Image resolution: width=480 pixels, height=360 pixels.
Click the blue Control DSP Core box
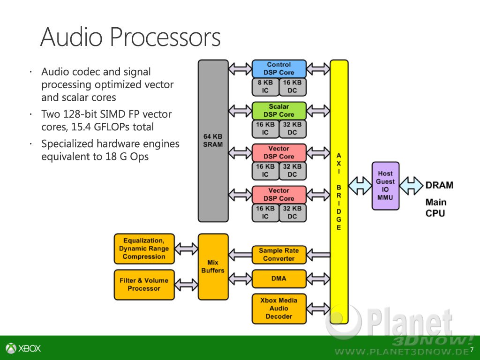[x=279, y=68]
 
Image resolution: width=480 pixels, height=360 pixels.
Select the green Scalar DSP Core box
[x=279, y=111]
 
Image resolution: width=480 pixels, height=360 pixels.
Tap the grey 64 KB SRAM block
[x=213, y=141]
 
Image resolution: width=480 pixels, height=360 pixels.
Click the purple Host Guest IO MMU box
[x=385, y=186]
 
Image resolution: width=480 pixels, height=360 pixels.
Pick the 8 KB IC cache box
[x=265, y=87]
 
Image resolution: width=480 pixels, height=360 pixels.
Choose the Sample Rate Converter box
[x=279, y=255]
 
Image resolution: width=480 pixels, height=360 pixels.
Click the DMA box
[x=279, y=278]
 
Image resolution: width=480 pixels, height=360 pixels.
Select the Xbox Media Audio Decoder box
[x=279, y=308]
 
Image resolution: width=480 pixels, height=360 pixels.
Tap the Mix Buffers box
[x=213, y=267]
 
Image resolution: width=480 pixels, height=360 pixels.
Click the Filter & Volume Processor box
[x=144, y=285]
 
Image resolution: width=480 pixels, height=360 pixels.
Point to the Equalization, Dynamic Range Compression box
[x=144, y=248]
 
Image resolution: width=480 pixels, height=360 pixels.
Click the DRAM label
[x=439, y=185]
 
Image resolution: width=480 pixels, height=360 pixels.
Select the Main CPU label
[x=436, y=208]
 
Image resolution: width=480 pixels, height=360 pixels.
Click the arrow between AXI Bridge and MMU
[x=360, y=186]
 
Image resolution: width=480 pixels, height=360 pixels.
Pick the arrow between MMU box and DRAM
[x=412, y=186]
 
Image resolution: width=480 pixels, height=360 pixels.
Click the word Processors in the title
[x=165, y=37]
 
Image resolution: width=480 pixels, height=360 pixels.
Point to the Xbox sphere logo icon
[x=11, y=348]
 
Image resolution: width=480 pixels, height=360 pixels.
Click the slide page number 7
[x=472, y=349]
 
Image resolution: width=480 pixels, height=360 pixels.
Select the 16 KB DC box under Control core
[x=292, y=87]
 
